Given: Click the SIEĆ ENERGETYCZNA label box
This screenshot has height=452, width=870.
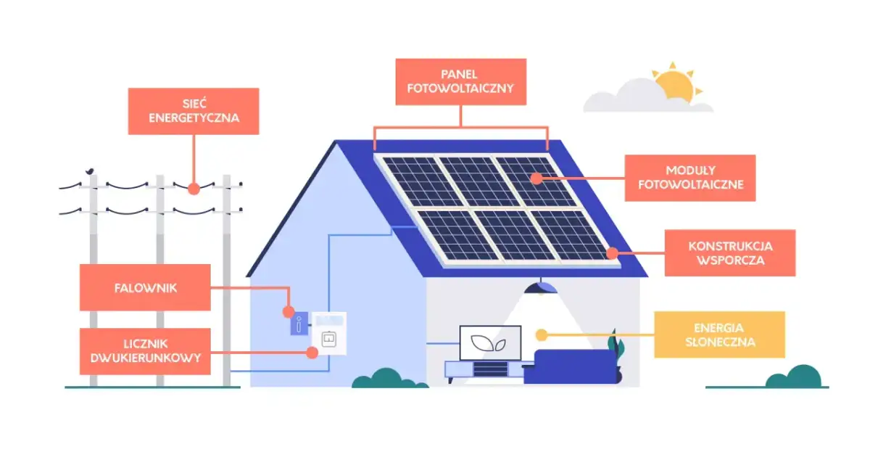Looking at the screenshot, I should [194, 111].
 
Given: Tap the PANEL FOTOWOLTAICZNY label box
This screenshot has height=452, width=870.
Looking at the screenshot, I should [461, 82].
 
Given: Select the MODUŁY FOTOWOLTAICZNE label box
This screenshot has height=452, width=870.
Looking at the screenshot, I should [690, 178].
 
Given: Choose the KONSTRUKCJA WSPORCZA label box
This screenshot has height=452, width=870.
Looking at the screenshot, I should [729, 253].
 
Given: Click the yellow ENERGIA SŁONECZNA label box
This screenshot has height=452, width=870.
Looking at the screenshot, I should [719, 334].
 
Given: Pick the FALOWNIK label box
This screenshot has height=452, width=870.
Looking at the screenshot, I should [145, 287].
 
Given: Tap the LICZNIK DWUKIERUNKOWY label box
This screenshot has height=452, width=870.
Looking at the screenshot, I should [145, 351].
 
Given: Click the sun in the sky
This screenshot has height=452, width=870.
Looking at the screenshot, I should [675, 84].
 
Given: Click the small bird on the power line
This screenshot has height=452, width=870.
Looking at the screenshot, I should [90, 172].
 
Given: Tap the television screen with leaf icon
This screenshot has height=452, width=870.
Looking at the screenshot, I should [490, 342].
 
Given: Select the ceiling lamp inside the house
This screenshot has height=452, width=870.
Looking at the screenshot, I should [541, 287].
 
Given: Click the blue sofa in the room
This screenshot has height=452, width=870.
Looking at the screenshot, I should [568, 367].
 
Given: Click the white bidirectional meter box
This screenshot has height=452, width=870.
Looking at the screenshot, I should [329, 334].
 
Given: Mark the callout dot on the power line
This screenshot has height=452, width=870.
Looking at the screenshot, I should [194, 188].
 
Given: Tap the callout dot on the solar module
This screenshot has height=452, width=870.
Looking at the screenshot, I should [536, 178].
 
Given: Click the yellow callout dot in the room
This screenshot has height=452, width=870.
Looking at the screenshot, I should [540, 334].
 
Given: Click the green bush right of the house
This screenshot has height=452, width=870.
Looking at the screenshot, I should [793, 377].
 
